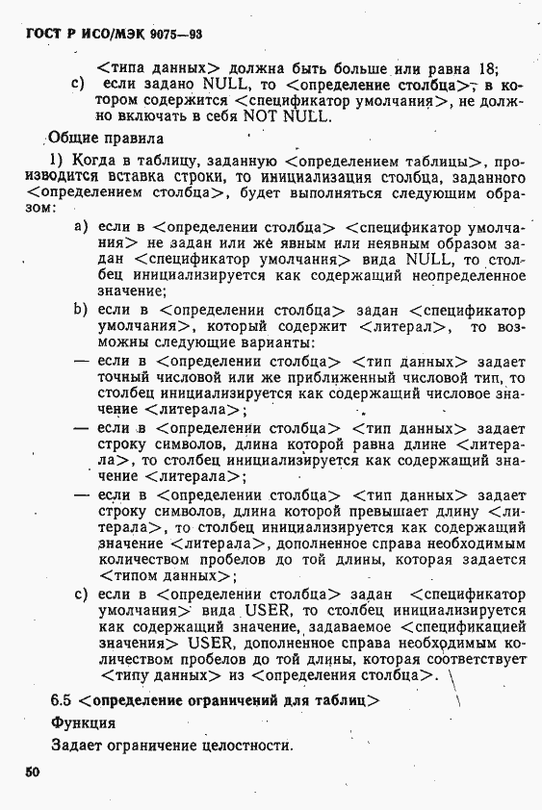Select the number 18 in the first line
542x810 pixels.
(x=486, y=68)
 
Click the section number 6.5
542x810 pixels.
(x=62, y=700)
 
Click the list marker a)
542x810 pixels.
(x=82, y=227)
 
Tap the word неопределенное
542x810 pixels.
(x=452, y=277)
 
